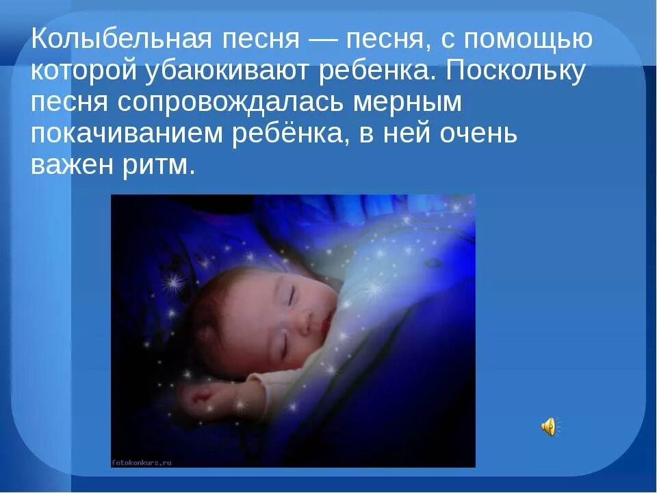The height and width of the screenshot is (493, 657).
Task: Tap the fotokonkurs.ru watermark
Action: (x=142, y=463)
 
